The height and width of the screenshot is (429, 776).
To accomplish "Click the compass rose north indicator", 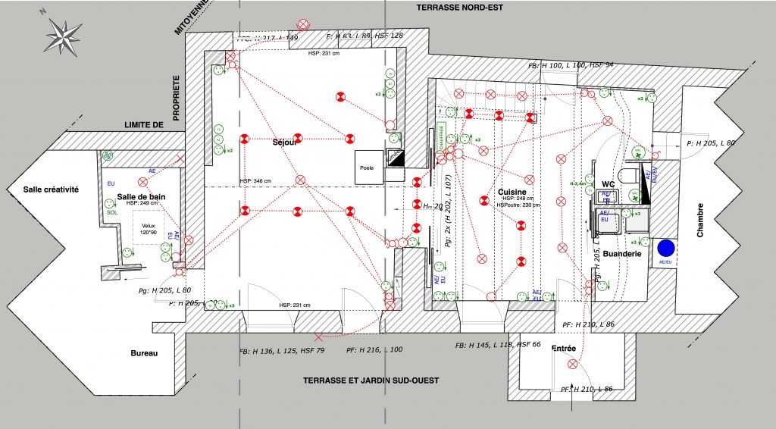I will point(64,34).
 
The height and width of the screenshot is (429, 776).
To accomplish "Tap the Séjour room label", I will point(286,142).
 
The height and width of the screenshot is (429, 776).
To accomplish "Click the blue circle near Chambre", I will point(666,249).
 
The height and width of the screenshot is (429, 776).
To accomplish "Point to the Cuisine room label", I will point(513,191).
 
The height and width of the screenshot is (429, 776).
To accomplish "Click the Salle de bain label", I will point(142,196).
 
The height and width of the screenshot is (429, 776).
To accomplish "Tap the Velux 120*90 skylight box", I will point(149,227).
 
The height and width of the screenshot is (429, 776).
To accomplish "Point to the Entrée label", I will point(564,349).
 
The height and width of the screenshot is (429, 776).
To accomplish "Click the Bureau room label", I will point(143,353).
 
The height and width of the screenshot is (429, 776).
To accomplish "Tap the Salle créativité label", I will point(51,189).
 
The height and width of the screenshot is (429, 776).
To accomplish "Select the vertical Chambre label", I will point(700,220).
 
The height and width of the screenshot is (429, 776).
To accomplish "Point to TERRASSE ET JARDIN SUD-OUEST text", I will point(371,380).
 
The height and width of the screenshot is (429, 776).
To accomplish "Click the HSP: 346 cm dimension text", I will point(255,181).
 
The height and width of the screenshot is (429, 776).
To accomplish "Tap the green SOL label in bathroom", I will point(112,213).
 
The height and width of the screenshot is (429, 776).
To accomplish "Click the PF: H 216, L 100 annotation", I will point(374,350).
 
